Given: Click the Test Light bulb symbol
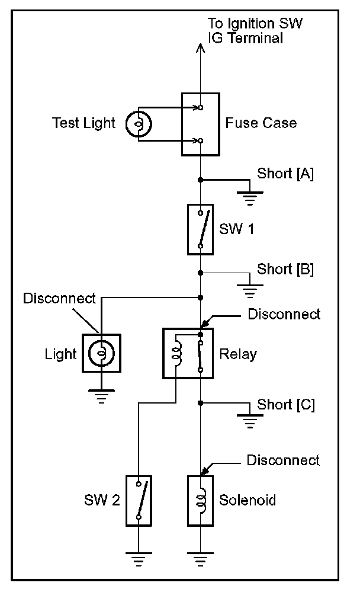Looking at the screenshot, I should pos(139,124).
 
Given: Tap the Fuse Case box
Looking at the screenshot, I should pos(201,124).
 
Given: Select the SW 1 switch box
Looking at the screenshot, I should pos(200,229).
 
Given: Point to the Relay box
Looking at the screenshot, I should pos(188,353).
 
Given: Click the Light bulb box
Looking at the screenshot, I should pos(101,354).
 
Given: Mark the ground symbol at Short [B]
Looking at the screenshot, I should pos(250,290).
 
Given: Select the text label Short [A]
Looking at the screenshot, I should pos(285,174).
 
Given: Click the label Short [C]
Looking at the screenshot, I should pos(286,405).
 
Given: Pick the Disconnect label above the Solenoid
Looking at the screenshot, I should pos(283,460).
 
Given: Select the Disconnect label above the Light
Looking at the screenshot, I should pos(59,298).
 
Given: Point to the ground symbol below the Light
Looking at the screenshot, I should pos(101,396).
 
